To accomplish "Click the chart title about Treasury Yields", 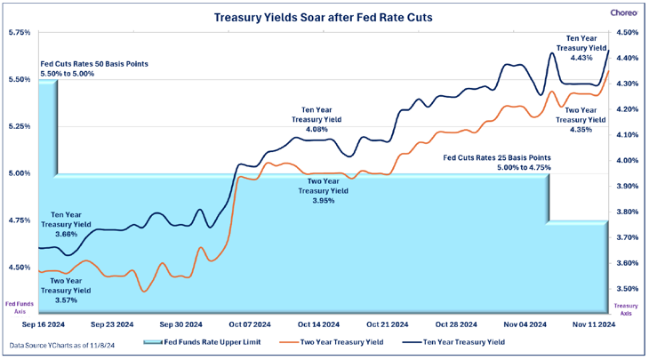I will (324, 16).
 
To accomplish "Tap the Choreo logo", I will (621, 12).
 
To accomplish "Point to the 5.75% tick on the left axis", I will (19, 33).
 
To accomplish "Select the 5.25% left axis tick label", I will (19, 126).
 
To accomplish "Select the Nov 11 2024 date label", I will (593, 324).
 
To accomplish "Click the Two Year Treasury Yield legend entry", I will (331, 340).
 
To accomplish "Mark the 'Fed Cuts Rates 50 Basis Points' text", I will (94, 65).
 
